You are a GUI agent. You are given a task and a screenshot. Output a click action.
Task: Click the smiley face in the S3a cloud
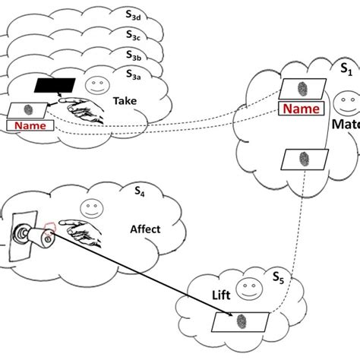(95, 82)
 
